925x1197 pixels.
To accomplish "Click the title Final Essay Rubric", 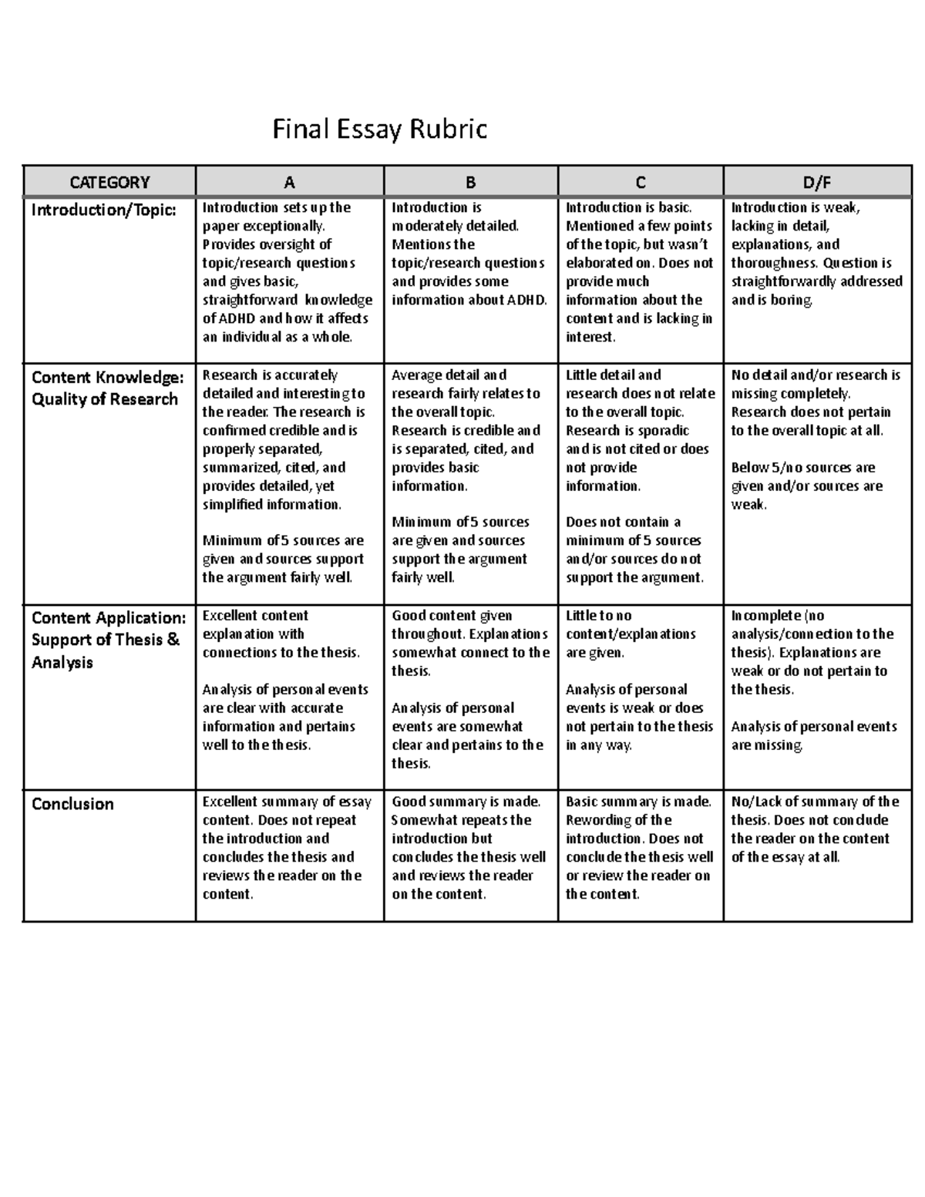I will point(379,129).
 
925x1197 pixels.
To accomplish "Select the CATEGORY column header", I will point(109,183).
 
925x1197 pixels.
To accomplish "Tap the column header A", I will point(289,183).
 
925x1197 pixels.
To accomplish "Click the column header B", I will point(470,183).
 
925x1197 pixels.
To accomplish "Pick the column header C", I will point(640,183).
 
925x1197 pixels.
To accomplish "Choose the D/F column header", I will point(817,183).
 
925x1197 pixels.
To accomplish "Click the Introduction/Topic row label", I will point(103,210).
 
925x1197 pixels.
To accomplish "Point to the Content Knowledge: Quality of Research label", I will point(107,388).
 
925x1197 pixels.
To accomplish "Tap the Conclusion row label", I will point(72,804).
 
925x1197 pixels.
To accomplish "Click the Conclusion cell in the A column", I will point(286,848).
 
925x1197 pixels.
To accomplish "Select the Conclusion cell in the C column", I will point(639,848).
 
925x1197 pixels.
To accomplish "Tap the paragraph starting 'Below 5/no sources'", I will point(806,486).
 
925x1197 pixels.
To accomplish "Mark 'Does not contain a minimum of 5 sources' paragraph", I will point(634,550).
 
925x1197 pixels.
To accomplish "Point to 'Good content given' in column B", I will point(452,616).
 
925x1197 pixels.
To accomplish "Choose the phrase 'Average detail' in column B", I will point(436,375).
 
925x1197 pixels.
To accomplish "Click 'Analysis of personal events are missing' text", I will point(813,736).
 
